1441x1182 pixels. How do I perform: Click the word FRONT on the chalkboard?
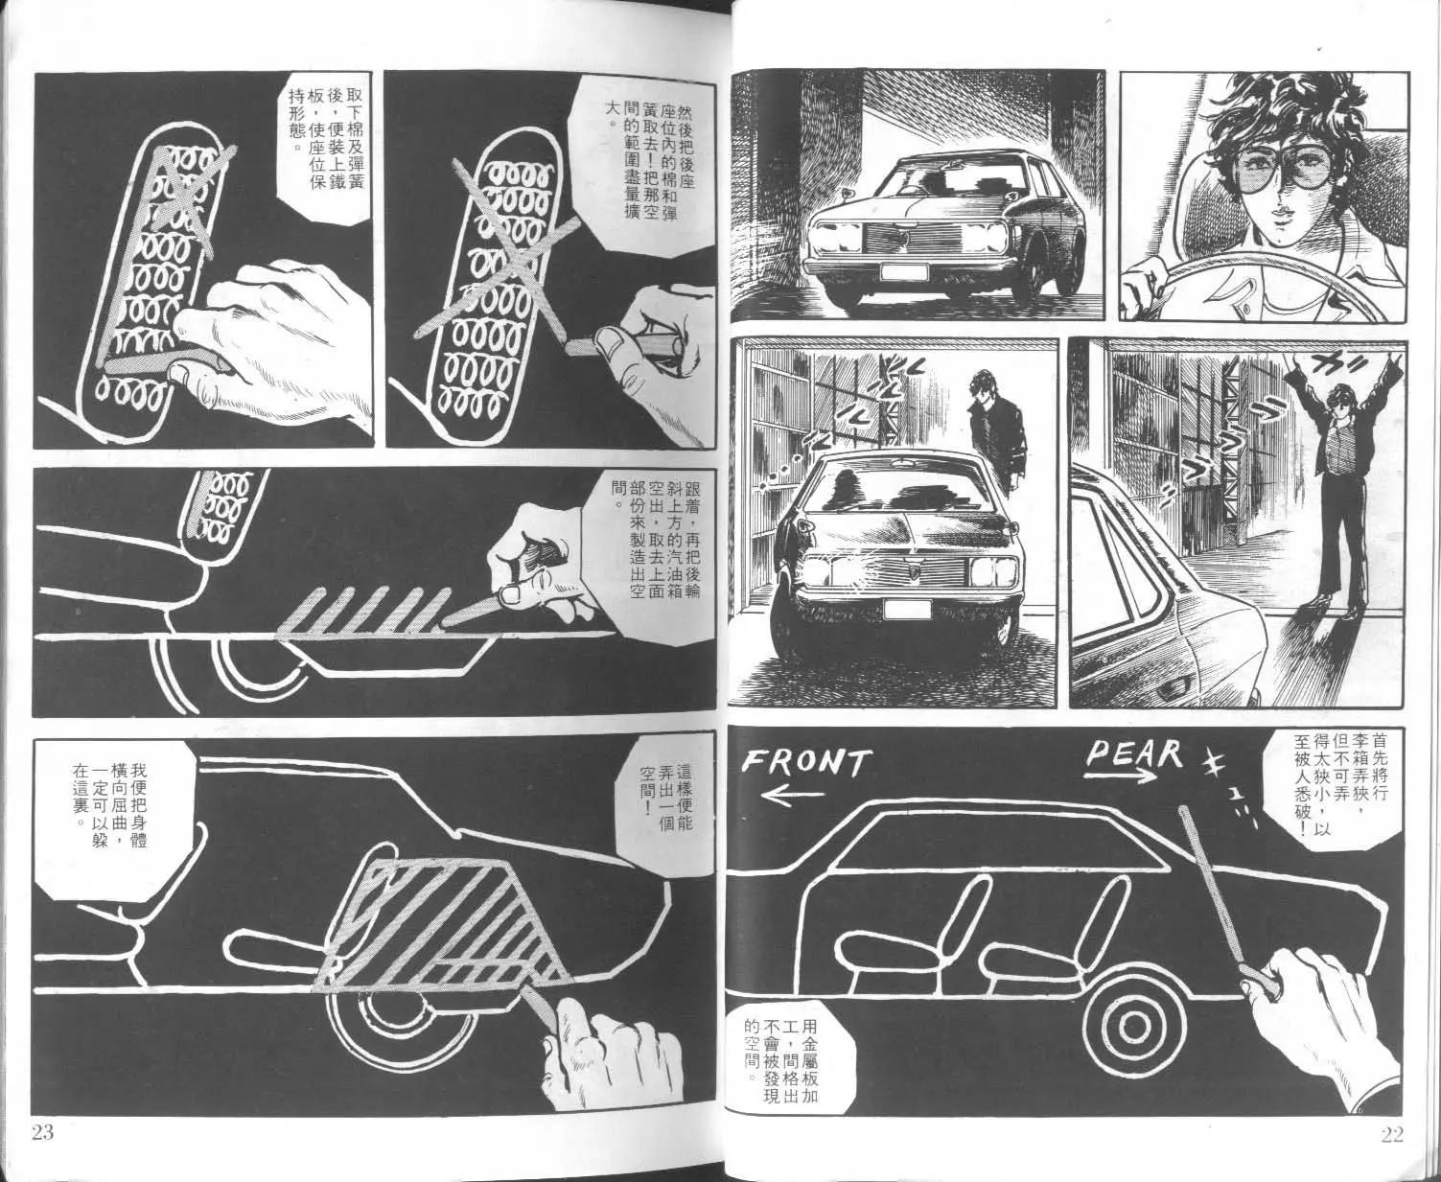(806, 763)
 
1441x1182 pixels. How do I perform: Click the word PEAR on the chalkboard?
(1133, 753)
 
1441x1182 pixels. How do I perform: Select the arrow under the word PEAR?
(1121, 776)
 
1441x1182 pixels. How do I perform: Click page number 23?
(41, 1132)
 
